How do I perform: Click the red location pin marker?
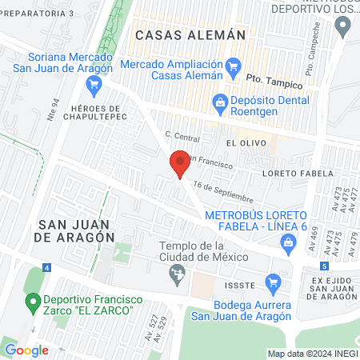tap(180, 164)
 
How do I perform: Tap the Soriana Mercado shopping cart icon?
tap(94, 82)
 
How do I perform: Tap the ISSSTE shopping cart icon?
tap(274, 282)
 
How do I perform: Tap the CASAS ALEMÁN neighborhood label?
tap(190, 35)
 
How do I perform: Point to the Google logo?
tap(26, 350)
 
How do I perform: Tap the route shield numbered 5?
tap(323, 266)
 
